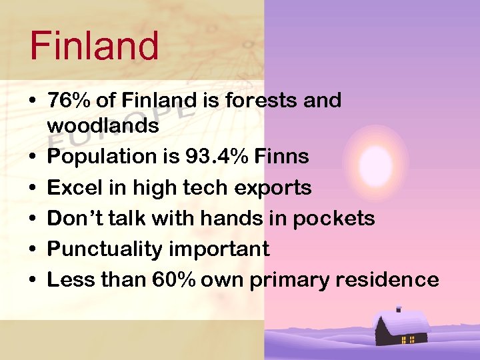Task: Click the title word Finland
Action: [94, 45]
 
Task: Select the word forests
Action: [260, 101]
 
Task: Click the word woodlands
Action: [103, 126]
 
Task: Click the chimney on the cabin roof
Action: [398, 309]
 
